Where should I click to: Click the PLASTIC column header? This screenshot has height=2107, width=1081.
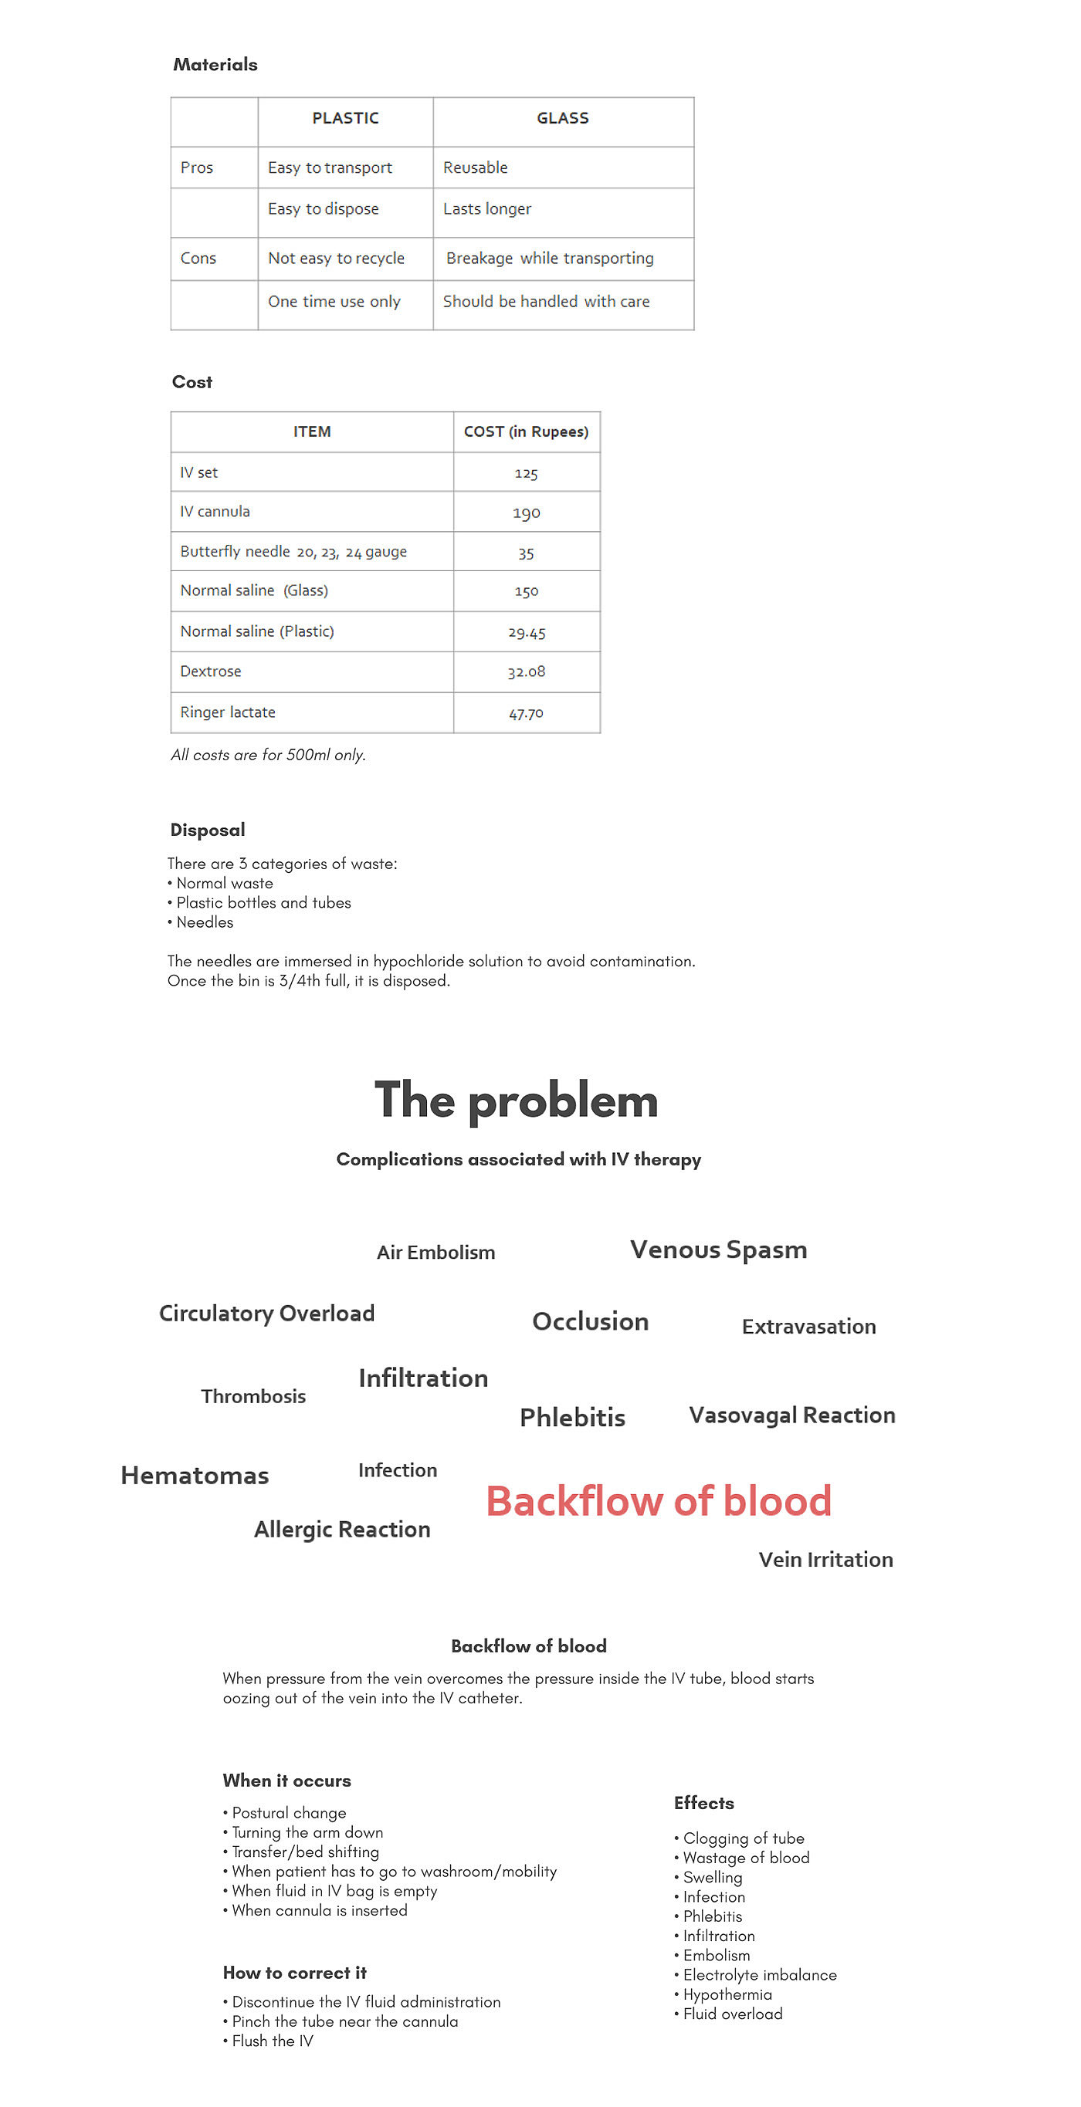(345, 119)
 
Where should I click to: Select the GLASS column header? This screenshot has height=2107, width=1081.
(562, 119)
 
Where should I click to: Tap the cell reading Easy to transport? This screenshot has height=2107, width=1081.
(330, 167)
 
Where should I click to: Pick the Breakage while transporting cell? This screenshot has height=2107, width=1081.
(549, 259)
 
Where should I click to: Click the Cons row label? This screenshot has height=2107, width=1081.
(198, 259)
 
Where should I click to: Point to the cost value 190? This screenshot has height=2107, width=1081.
(526, 512)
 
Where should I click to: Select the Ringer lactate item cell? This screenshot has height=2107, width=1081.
(228, 712)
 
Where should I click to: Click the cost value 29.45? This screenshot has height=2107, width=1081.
(526, 632)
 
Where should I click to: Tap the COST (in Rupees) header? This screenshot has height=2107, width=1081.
(526, 432)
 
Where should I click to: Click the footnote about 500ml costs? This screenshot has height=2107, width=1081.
(268, 755)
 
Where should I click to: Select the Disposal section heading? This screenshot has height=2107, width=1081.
(207, 830)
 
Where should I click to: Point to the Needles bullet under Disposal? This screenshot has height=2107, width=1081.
(205, 922)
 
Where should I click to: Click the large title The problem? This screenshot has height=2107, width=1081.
(517, 1101)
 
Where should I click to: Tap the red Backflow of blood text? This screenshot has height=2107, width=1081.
(659, 1501)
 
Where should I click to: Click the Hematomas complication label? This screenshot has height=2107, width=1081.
(195, 1476)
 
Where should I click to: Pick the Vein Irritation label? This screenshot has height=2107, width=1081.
(825, 1560)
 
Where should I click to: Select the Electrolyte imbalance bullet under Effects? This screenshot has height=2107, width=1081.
(759, 1974)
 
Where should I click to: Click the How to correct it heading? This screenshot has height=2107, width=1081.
(295, 1973)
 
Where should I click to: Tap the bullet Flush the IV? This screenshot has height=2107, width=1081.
(272, 2041)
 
